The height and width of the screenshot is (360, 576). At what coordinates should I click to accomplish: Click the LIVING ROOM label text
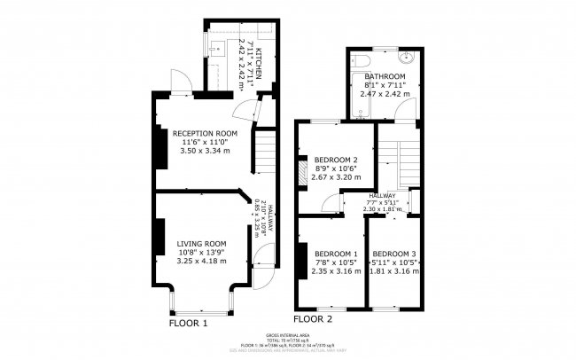(x=201, y=243)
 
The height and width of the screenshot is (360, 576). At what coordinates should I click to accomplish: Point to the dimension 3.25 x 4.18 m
(x=201, y=261)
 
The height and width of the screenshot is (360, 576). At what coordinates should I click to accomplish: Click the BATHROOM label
(x=385, y=77)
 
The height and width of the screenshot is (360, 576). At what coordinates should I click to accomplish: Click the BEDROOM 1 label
(x=336, y=253)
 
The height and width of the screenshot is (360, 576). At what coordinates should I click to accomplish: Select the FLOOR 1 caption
(x=188, y=324)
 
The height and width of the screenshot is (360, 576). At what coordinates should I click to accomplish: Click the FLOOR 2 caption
(x=312, y=317)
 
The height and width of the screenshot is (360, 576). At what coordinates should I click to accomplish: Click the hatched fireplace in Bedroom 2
(x=303, y=171)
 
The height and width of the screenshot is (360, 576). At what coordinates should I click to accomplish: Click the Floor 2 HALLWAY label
(x=382, y=195)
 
